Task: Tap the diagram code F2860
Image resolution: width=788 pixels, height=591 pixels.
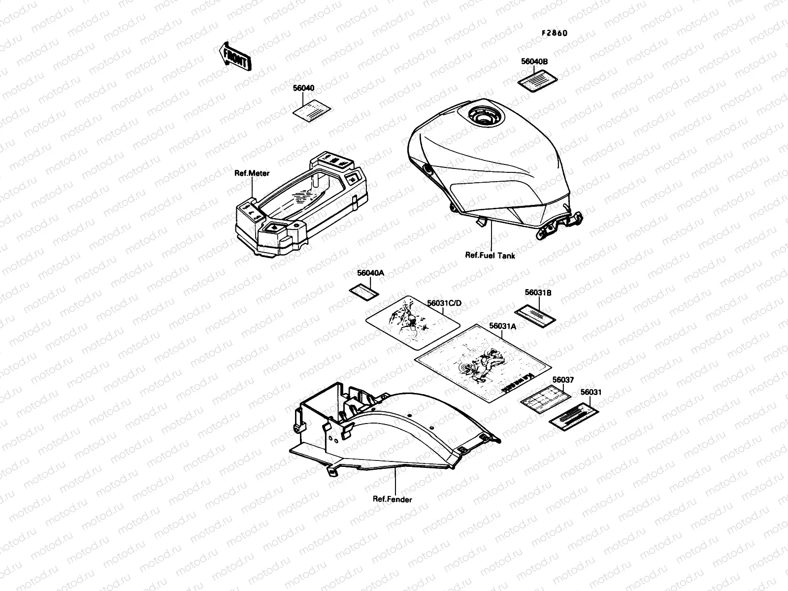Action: pos(555,33)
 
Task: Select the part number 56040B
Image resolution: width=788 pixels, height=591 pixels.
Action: pos(534,62)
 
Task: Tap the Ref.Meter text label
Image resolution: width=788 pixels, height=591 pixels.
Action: pos(252,173)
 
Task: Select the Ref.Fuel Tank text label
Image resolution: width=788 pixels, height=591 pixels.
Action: pos(491,255)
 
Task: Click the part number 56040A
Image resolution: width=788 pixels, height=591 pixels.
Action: pos(370,273)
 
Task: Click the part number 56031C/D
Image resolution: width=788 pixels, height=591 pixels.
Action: pos(444,303)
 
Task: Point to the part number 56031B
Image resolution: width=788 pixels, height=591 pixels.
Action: pos(538,293)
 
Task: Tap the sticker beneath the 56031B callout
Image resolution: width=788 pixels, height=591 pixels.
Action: pos(535,314)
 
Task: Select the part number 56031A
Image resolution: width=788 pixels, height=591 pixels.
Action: pos(502,326)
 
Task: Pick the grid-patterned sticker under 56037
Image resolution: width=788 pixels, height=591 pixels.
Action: pos(545,398)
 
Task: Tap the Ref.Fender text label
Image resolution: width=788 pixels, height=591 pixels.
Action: pos(393,499)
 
